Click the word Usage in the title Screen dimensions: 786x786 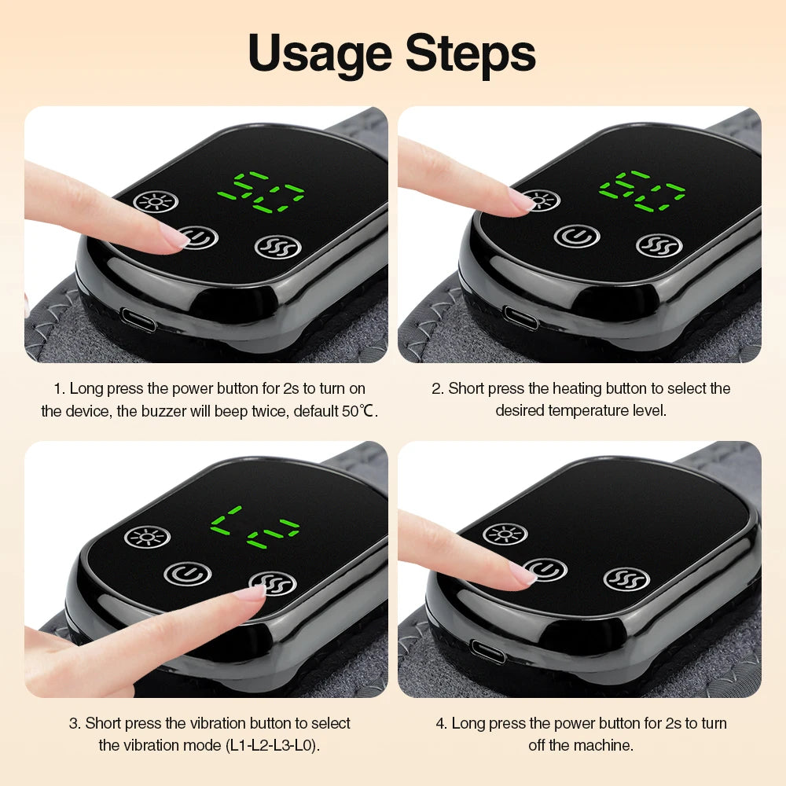coord(318,53)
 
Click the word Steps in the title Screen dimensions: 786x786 coord(471,53)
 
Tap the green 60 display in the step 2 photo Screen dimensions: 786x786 coord(641,191)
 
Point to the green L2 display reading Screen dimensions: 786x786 coord(255,528)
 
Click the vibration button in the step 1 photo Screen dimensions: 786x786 coord(278,246)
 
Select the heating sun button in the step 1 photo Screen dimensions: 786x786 coord(155,202)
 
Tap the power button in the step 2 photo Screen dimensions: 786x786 coord(578,234)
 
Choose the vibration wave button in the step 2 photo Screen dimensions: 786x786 coord(659,244)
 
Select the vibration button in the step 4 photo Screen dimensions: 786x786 coord(626,579)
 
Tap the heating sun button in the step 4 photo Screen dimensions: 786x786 coord(505,534)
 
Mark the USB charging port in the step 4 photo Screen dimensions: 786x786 coord(487,652)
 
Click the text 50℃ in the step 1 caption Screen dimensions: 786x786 coord(361,411)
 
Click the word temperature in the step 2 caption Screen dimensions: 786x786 coord(585,411)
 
